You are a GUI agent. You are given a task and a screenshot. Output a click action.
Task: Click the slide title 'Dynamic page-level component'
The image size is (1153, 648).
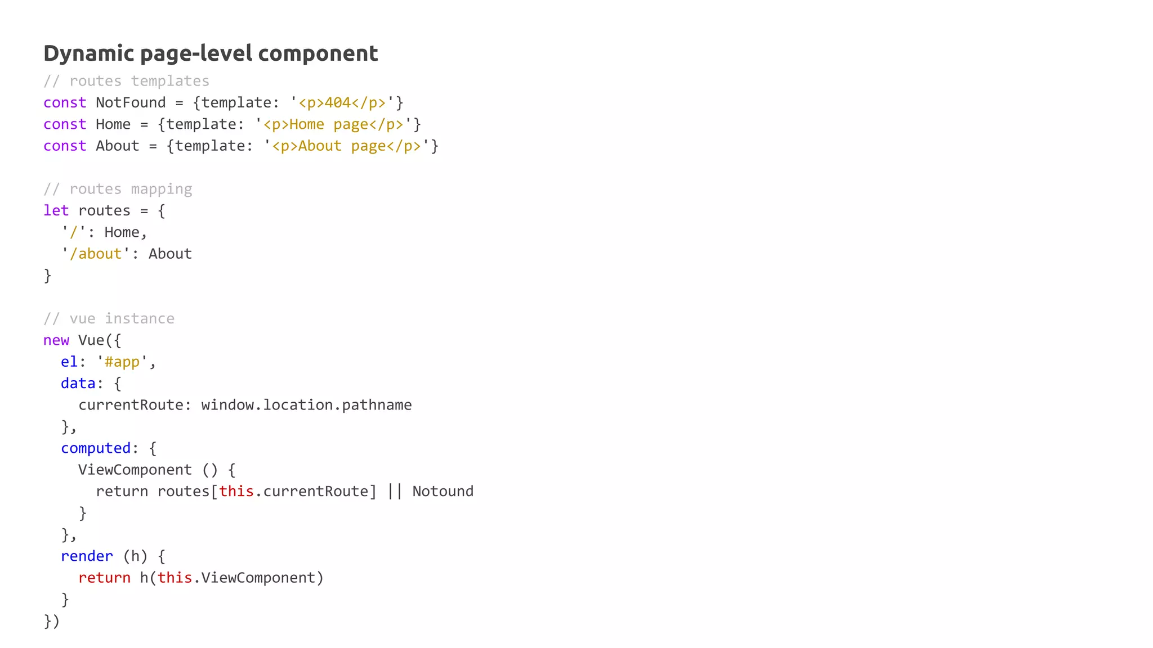point(211,53)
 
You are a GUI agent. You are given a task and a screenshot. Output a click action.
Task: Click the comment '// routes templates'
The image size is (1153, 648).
point(126,81)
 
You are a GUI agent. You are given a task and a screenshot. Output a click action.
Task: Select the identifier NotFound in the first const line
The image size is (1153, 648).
point(131,102)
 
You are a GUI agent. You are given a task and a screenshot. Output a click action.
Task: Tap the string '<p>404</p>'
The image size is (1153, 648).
point(342,103)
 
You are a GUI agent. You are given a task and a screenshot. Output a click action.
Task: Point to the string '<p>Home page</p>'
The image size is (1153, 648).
point(333,124)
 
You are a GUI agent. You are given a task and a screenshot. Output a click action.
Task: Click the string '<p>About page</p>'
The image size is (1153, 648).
point(346,146)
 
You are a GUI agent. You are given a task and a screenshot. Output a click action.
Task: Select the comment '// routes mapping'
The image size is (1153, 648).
point(118,189)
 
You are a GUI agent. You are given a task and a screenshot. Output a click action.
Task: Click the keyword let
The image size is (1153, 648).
point(56,210)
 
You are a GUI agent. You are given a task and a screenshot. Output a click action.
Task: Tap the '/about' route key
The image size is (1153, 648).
point(96,254)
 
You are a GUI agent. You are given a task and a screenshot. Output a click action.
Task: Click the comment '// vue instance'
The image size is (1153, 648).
point(109,318)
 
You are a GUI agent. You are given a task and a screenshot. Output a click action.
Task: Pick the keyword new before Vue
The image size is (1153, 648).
point(56,340)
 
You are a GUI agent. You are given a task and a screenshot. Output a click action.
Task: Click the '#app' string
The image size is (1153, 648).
point(122,362)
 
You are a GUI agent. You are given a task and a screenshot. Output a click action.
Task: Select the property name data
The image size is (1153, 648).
point(78,383)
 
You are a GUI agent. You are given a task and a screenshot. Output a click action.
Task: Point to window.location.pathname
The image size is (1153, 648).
point(306,405)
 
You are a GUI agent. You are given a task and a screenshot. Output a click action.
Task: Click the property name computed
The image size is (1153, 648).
point(96,448)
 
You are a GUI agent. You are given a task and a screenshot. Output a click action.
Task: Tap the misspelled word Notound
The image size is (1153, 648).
point(443,491)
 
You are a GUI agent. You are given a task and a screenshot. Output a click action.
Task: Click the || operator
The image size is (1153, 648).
point(395,491)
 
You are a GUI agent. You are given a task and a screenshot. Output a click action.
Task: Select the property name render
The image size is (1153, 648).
point(87,556)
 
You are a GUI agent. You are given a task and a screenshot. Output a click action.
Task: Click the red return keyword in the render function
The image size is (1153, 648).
point(104,578)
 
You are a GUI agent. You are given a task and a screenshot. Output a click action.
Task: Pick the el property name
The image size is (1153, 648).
point(69,362)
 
